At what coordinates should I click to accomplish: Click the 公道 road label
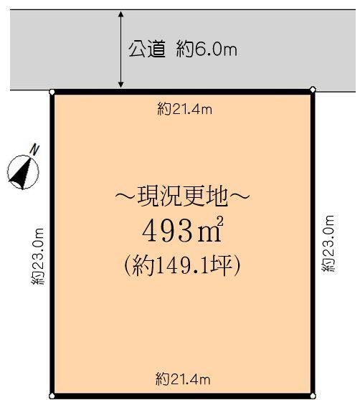[147, 49]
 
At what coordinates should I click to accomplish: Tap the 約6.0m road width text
[207, 49]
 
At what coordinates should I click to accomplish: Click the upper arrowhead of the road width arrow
[121, 14]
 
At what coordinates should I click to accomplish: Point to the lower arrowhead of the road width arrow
[121, 85]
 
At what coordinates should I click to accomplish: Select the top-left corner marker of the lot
[52, 92]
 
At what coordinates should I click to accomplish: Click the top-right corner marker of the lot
[313, 90]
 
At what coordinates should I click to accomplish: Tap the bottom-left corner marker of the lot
[52, 396]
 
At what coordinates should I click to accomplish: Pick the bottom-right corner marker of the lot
[313, 396]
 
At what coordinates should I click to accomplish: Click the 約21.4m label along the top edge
[184, 110]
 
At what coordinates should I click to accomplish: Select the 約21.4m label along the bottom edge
[183, 380]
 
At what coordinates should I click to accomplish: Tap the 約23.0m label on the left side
[38, 256]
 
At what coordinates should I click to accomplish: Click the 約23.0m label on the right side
[328, 244]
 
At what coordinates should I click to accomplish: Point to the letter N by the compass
[34, 150]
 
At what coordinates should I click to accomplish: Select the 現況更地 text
[182, 196]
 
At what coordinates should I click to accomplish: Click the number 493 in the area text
[168, 232]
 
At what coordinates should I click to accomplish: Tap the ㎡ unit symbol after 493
[209, 229]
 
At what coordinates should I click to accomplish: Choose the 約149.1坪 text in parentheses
[182, 265]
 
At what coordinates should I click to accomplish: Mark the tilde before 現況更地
[125, 196]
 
